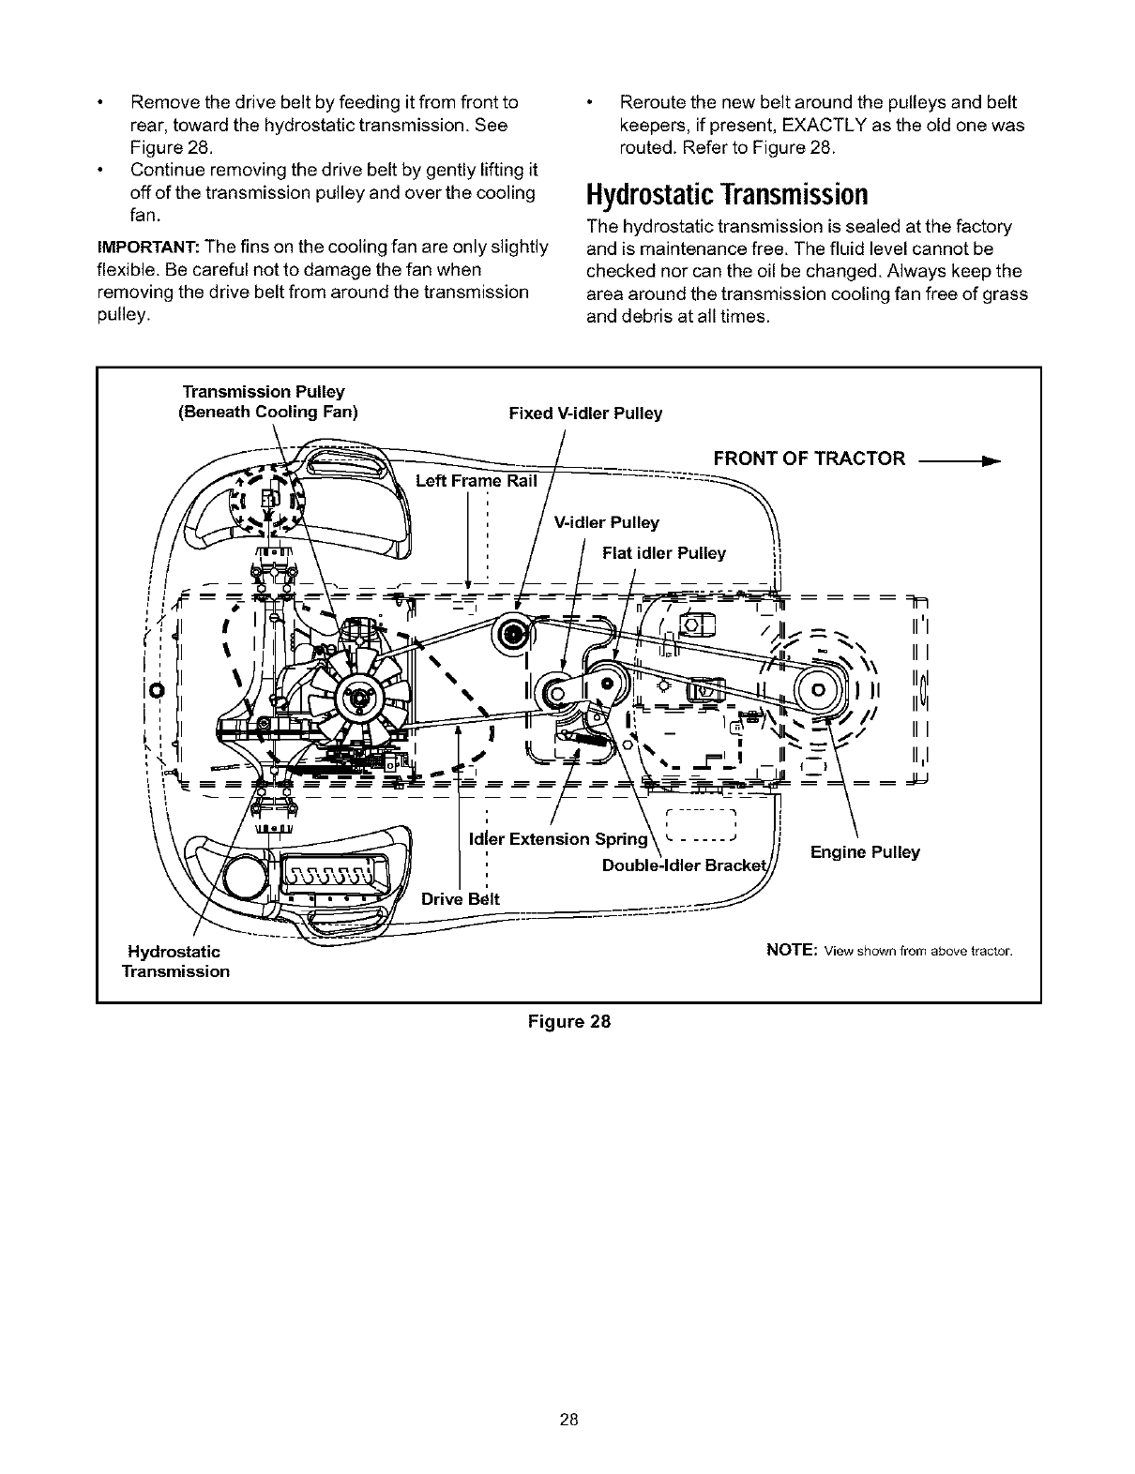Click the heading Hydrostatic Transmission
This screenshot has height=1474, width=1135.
[726, 195]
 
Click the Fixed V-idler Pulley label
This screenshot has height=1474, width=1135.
[585, 414]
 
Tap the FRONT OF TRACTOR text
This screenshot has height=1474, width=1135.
[810, 458]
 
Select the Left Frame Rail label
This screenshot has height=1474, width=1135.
[477, 481]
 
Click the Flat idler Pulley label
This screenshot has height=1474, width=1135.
[664, 553]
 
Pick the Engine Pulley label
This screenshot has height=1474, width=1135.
[865, 852]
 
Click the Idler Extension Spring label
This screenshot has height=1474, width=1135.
[558, 838]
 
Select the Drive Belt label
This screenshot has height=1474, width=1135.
[461, 899]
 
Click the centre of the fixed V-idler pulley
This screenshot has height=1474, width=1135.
[513, 635]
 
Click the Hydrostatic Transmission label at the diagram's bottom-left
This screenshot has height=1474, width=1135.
[175, 962]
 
